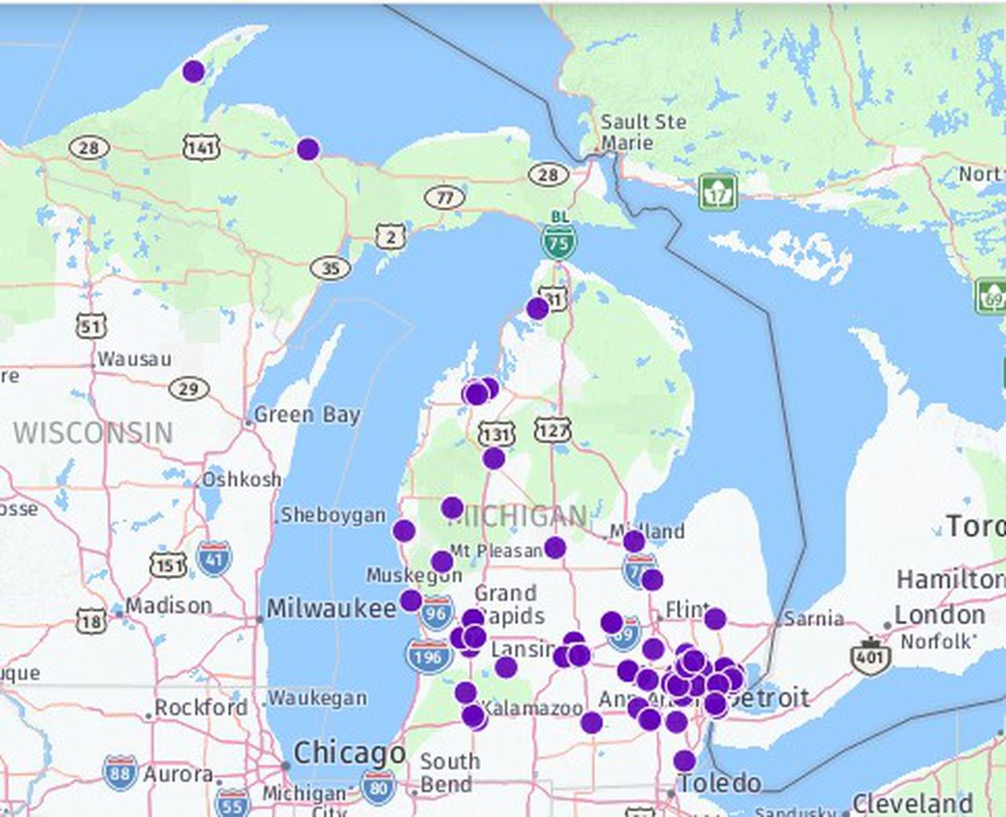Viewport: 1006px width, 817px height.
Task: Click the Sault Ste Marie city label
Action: pyautogui.click(x=643, y=132)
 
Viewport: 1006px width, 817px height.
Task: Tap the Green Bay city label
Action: pyautogui.click(x=307, y=414)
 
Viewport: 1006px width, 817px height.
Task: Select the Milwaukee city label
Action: pyautogui.click(x=331, y=608)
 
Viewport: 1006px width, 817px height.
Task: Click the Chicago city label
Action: pyautogui.click(x=349, y=753)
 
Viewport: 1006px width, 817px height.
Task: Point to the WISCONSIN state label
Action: pyautogui.click(x=93, y=432)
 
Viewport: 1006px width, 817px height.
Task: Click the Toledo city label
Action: pyautogui.click(x=720, y=782)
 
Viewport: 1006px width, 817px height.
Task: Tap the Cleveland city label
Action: pyautogui.click(x=912, y=804)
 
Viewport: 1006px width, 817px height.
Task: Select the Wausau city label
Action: pyautogui.click(x=134, y=359)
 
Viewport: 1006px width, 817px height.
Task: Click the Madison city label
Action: pyautogui.click(x=168, y=605)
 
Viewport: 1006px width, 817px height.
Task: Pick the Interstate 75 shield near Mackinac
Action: pyautogui.click(x=558, y=242)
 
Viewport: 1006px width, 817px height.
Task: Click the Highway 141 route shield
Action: pyautogui.click(x=201, y=147)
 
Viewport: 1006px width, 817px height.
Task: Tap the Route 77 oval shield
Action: pyautogui.click(x=445, y=197)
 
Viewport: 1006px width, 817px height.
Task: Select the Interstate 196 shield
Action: pyautogui.click(x=428, y=656)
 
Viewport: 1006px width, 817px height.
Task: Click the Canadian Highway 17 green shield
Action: pyautogui.click(x=718, y=193)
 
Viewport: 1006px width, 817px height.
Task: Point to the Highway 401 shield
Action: pyautogui.click(x=870, y=656)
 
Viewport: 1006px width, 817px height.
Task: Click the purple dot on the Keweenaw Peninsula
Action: pyautogui.click(x=193, y=72)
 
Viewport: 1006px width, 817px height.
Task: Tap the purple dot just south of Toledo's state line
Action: pyautogui.click(x=685, y=760)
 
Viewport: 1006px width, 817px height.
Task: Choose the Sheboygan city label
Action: pyautogui.click(x=333, y=515)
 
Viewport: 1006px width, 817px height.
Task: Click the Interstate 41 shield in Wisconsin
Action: pyautogui.click(x=214, y=558)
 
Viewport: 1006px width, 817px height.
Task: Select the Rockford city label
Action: pyautogui.click(x=200, y=707)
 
